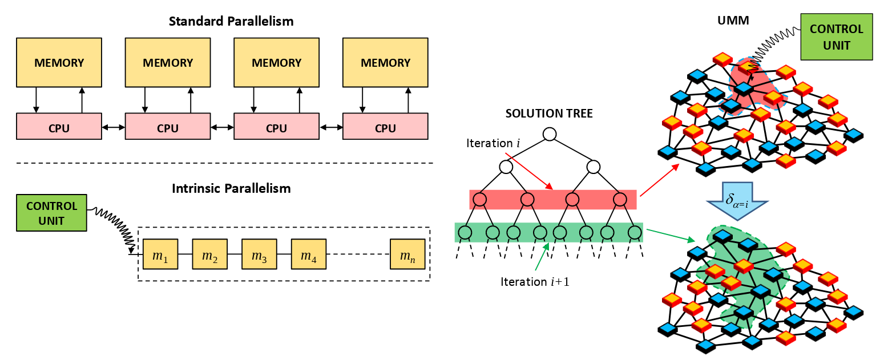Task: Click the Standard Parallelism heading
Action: tap(231, 22)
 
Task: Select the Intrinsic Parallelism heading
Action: tap(231, 188)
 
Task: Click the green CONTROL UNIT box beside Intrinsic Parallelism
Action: tap(51, 213)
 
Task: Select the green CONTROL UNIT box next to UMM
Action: tap(837, 37)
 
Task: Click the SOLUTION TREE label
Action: tap(549, 114)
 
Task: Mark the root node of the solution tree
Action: tap(549, 134)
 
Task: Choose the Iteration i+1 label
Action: tap(535, 281)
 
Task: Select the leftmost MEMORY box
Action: tap(59, 62)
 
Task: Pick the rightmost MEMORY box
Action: tap(385, 62)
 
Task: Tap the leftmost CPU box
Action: tap(59, 127)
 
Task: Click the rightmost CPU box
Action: tap(385, 127)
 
